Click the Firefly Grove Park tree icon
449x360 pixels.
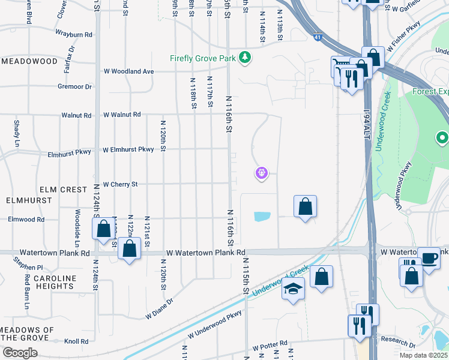[244, 58]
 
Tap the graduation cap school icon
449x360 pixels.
[294, 289]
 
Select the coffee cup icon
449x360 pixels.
[429, 257]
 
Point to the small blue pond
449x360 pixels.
[262, 217]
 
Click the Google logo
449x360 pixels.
[20, 353]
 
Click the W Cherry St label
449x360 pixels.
[120, 184]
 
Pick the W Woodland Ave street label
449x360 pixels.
[128, 71]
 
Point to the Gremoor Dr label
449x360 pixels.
[74, 86]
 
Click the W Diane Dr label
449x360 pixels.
[159, 309]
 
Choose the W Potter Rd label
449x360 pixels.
[270, 347]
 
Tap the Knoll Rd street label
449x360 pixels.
[76, 341]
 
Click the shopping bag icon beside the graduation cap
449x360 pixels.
[322, 277]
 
